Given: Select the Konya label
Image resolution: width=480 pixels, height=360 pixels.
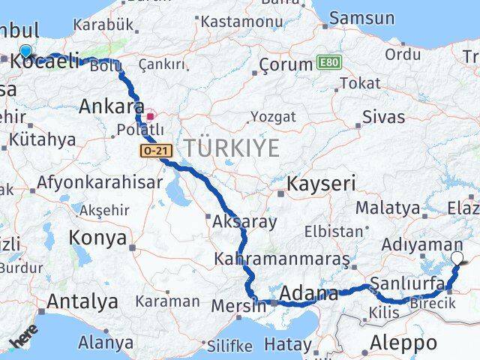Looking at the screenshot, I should click(97, 238).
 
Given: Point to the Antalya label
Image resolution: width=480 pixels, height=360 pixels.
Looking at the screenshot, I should click(82, 301).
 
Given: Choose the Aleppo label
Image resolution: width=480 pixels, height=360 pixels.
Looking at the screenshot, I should click(403, 343).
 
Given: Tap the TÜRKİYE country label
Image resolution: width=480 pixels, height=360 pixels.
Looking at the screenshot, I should click(232, 148).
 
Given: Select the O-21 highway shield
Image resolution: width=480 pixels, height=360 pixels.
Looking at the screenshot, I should click(156, 151).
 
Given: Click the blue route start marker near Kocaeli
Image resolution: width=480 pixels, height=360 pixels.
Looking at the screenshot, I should click(26, 51).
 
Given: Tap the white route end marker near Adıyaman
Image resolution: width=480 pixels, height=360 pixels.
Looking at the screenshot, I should click(458, 259).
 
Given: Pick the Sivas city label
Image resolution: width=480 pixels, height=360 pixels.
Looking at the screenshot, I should click(383, 117).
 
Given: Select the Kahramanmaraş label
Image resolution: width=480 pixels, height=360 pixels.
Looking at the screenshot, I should click(282, 260).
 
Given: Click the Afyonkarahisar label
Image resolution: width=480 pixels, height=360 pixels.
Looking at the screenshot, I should click(100, 182).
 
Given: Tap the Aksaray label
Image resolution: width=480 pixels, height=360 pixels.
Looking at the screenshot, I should click(244, 222).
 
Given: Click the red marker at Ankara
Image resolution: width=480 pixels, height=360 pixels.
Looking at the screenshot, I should click(150, 116).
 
